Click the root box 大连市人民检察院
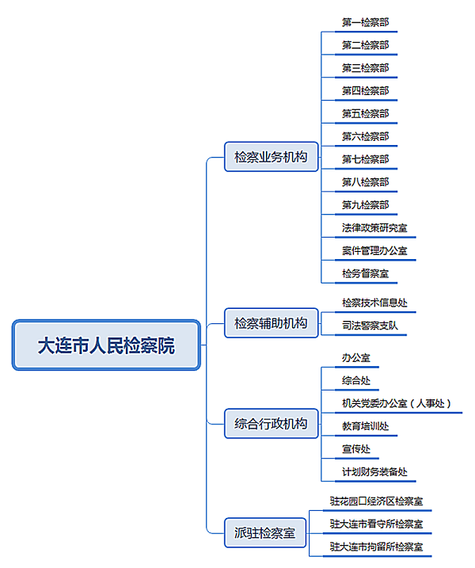click(x=106, y=345)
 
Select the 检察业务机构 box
click(x=272, y=157)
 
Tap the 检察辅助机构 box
click(x=272, y=323)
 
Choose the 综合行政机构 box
click(x=272, y=424)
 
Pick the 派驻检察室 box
click(x=265, y=532)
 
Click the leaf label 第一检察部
click(x=365, y=22)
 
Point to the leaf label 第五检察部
click(x=365, y=114)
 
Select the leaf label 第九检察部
click(x=365, y=205)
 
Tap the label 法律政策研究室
click(x=374, y=228)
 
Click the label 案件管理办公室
click(x=374, y=250)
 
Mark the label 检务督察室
click(x=365, y=273)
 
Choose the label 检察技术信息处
click(x=374, y=303)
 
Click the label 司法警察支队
click(x=370, y=326)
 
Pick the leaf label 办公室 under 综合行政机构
click(x=356, y=358)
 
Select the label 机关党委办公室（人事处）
click(x=397, y=403)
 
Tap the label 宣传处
click(x=356, y=449)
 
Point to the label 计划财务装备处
click(x=374, y=471)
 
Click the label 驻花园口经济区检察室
click(x=377, y=501)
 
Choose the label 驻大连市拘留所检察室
click(x=377, y=547)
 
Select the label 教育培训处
click(x=365, y=426)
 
